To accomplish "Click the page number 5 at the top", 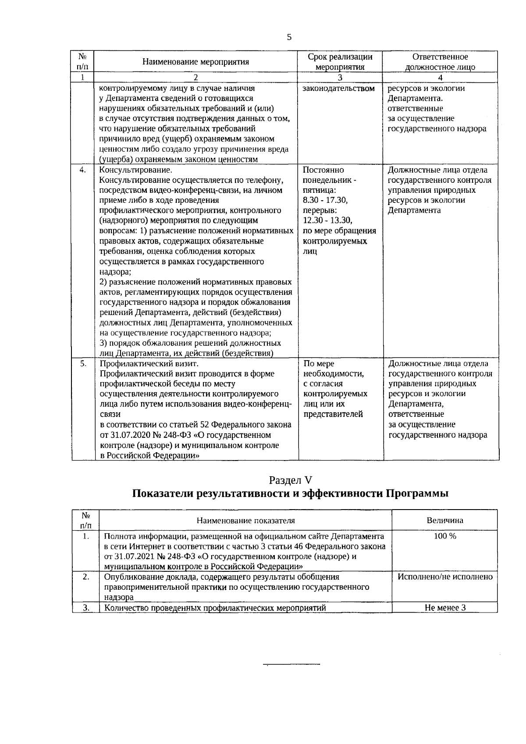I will (x=289, y=37).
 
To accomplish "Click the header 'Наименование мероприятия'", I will (x=195, y=62).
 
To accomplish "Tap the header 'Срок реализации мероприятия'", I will (x=340, y=62).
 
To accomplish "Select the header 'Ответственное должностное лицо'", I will (x=440, y=62).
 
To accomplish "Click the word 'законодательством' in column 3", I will (x=339, y=89).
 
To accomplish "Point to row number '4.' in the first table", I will (x=82, y=170).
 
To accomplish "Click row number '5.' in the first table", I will (x=82, y=364).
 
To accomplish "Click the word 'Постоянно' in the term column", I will (x=323, y=170).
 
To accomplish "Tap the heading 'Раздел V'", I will (x=290, y=480).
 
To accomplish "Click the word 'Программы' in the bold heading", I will (x=417, y=494).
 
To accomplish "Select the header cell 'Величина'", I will (x=445, y=521).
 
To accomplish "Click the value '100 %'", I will (x=445, y=536).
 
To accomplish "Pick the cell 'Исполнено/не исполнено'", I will (x=445, y=577).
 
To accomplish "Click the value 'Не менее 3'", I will (x=445, y=608).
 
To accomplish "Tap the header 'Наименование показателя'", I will (x=245, y=521).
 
